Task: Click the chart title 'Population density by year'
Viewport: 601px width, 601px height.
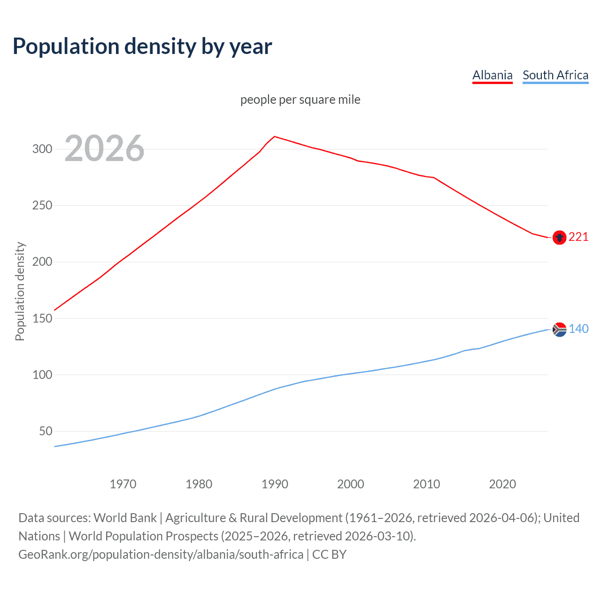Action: (142, 46)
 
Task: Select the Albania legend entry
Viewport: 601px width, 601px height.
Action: (492, 75)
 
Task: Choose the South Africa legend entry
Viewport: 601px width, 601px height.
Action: (555, 75)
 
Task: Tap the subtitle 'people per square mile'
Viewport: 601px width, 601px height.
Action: (300, 100)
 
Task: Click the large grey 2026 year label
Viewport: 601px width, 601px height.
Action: (104, 149)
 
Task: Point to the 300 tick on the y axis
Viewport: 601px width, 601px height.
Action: (42, 149)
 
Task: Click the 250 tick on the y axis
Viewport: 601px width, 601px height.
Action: (42, 206)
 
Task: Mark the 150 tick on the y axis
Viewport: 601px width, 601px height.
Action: (42, 318)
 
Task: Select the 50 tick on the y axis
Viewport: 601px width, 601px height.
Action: (46, 431)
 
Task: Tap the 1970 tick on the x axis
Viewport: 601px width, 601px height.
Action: (123, 484)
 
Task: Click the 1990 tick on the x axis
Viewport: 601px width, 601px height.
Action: (275, 484)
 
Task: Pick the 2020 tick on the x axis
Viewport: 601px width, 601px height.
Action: (502, 484)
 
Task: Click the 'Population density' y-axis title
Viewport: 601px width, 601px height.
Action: (20, 291)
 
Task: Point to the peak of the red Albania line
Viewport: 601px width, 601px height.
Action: (275, 137)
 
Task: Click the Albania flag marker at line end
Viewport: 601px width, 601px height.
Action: (559, 238)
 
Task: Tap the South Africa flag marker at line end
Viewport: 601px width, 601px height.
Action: (559, 330)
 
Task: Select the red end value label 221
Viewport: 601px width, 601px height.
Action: (578, 237)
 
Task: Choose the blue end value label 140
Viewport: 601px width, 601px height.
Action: (578, 329)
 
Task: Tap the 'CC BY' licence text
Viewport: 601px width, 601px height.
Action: (329, 555)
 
